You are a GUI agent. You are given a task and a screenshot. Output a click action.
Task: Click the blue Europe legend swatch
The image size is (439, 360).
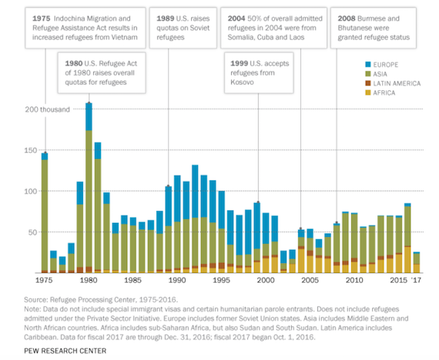tap(368, 65)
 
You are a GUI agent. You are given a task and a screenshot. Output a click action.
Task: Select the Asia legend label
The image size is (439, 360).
tap(380, 74)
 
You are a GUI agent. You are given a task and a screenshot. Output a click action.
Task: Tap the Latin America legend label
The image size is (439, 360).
tap(397, 83)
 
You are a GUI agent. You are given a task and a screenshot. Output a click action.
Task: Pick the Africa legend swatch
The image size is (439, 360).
tap(368, 93)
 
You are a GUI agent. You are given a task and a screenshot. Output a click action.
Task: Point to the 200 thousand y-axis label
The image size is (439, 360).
tap(47, 109)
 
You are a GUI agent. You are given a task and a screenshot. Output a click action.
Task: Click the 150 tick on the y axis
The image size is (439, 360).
tap(31, 150)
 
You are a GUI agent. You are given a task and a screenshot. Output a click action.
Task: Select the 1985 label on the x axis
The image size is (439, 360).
tap(132, 280)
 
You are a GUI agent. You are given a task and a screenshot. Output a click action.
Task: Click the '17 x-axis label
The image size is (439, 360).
tap(416, 280)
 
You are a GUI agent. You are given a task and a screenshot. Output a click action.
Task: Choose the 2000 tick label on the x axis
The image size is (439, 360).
tap(266, 280)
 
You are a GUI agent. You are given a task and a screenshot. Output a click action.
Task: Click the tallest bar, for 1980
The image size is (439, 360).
tap(89, 188)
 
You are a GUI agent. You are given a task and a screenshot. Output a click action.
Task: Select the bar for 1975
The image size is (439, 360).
tap(45, 213)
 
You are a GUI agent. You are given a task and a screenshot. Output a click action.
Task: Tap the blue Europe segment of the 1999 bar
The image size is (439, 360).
tap(257, 226)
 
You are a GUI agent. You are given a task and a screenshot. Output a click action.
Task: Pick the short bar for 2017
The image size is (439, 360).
tap(417, 262)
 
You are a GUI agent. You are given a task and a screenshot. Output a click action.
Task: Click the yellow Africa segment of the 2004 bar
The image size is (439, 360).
tap(301, 261)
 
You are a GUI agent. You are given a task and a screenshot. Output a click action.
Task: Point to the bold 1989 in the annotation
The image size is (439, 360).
tap(165, 19)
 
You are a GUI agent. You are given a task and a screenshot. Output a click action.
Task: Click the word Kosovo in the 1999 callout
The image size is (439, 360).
tap(242, 82)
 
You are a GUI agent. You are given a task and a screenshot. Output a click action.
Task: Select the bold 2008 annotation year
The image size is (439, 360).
tap(347, 19)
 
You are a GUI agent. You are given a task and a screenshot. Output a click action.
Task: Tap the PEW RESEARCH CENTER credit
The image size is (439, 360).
tap(65, 351)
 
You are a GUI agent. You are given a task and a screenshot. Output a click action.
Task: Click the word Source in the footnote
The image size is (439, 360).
tap(36, 300)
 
